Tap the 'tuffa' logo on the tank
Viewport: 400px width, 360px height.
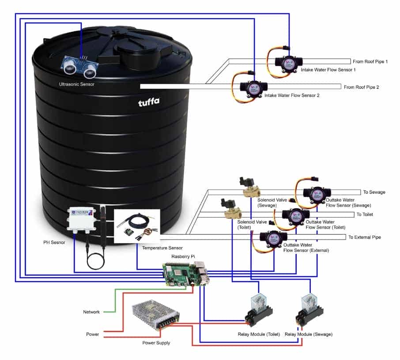tap(148, 102)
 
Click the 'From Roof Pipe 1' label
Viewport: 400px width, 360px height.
tap(370, 62)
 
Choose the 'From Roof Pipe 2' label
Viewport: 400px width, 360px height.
tap(361, 87)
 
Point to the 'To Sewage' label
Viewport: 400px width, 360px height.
tap(374, 192)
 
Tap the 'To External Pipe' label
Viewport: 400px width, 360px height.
tap(364, 237)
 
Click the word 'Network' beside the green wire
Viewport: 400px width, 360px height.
tap(91, 312)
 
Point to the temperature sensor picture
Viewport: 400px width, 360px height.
tap(137, 226)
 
